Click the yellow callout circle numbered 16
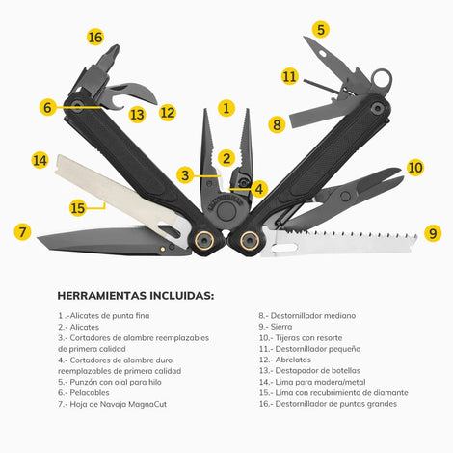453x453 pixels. click(x=95, y=37)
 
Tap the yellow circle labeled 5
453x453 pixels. click(x=321, y=29)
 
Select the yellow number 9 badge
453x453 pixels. click(x=433, y=233)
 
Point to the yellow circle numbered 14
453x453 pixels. click(x=40, y=160)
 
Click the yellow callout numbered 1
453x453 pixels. click(x=226, y=108)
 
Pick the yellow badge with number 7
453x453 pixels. click(x=22, y=232)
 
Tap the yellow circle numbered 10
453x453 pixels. click(x=415, y=168)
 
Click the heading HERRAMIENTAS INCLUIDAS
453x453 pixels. click(x=136, y=296)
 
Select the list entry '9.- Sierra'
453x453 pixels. click(x=276, y=327)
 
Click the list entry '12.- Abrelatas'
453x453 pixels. click(x=285, y=360)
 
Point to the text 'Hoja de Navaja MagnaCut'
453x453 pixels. click(x=119, y=404)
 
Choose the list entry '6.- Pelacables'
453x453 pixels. click(x=84, y=392)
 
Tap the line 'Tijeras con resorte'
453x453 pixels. click(x=308, y=338)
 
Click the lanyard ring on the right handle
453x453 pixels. click(x=382, y=81)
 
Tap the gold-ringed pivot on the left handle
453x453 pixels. click(x=204, y=240)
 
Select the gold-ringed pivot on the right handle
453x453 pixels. click(x=249, y=240)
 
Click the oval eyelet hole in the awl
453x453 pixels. click(x=323, y=54)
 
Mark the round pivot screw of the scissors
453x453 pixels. click(x=345, y=196)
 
